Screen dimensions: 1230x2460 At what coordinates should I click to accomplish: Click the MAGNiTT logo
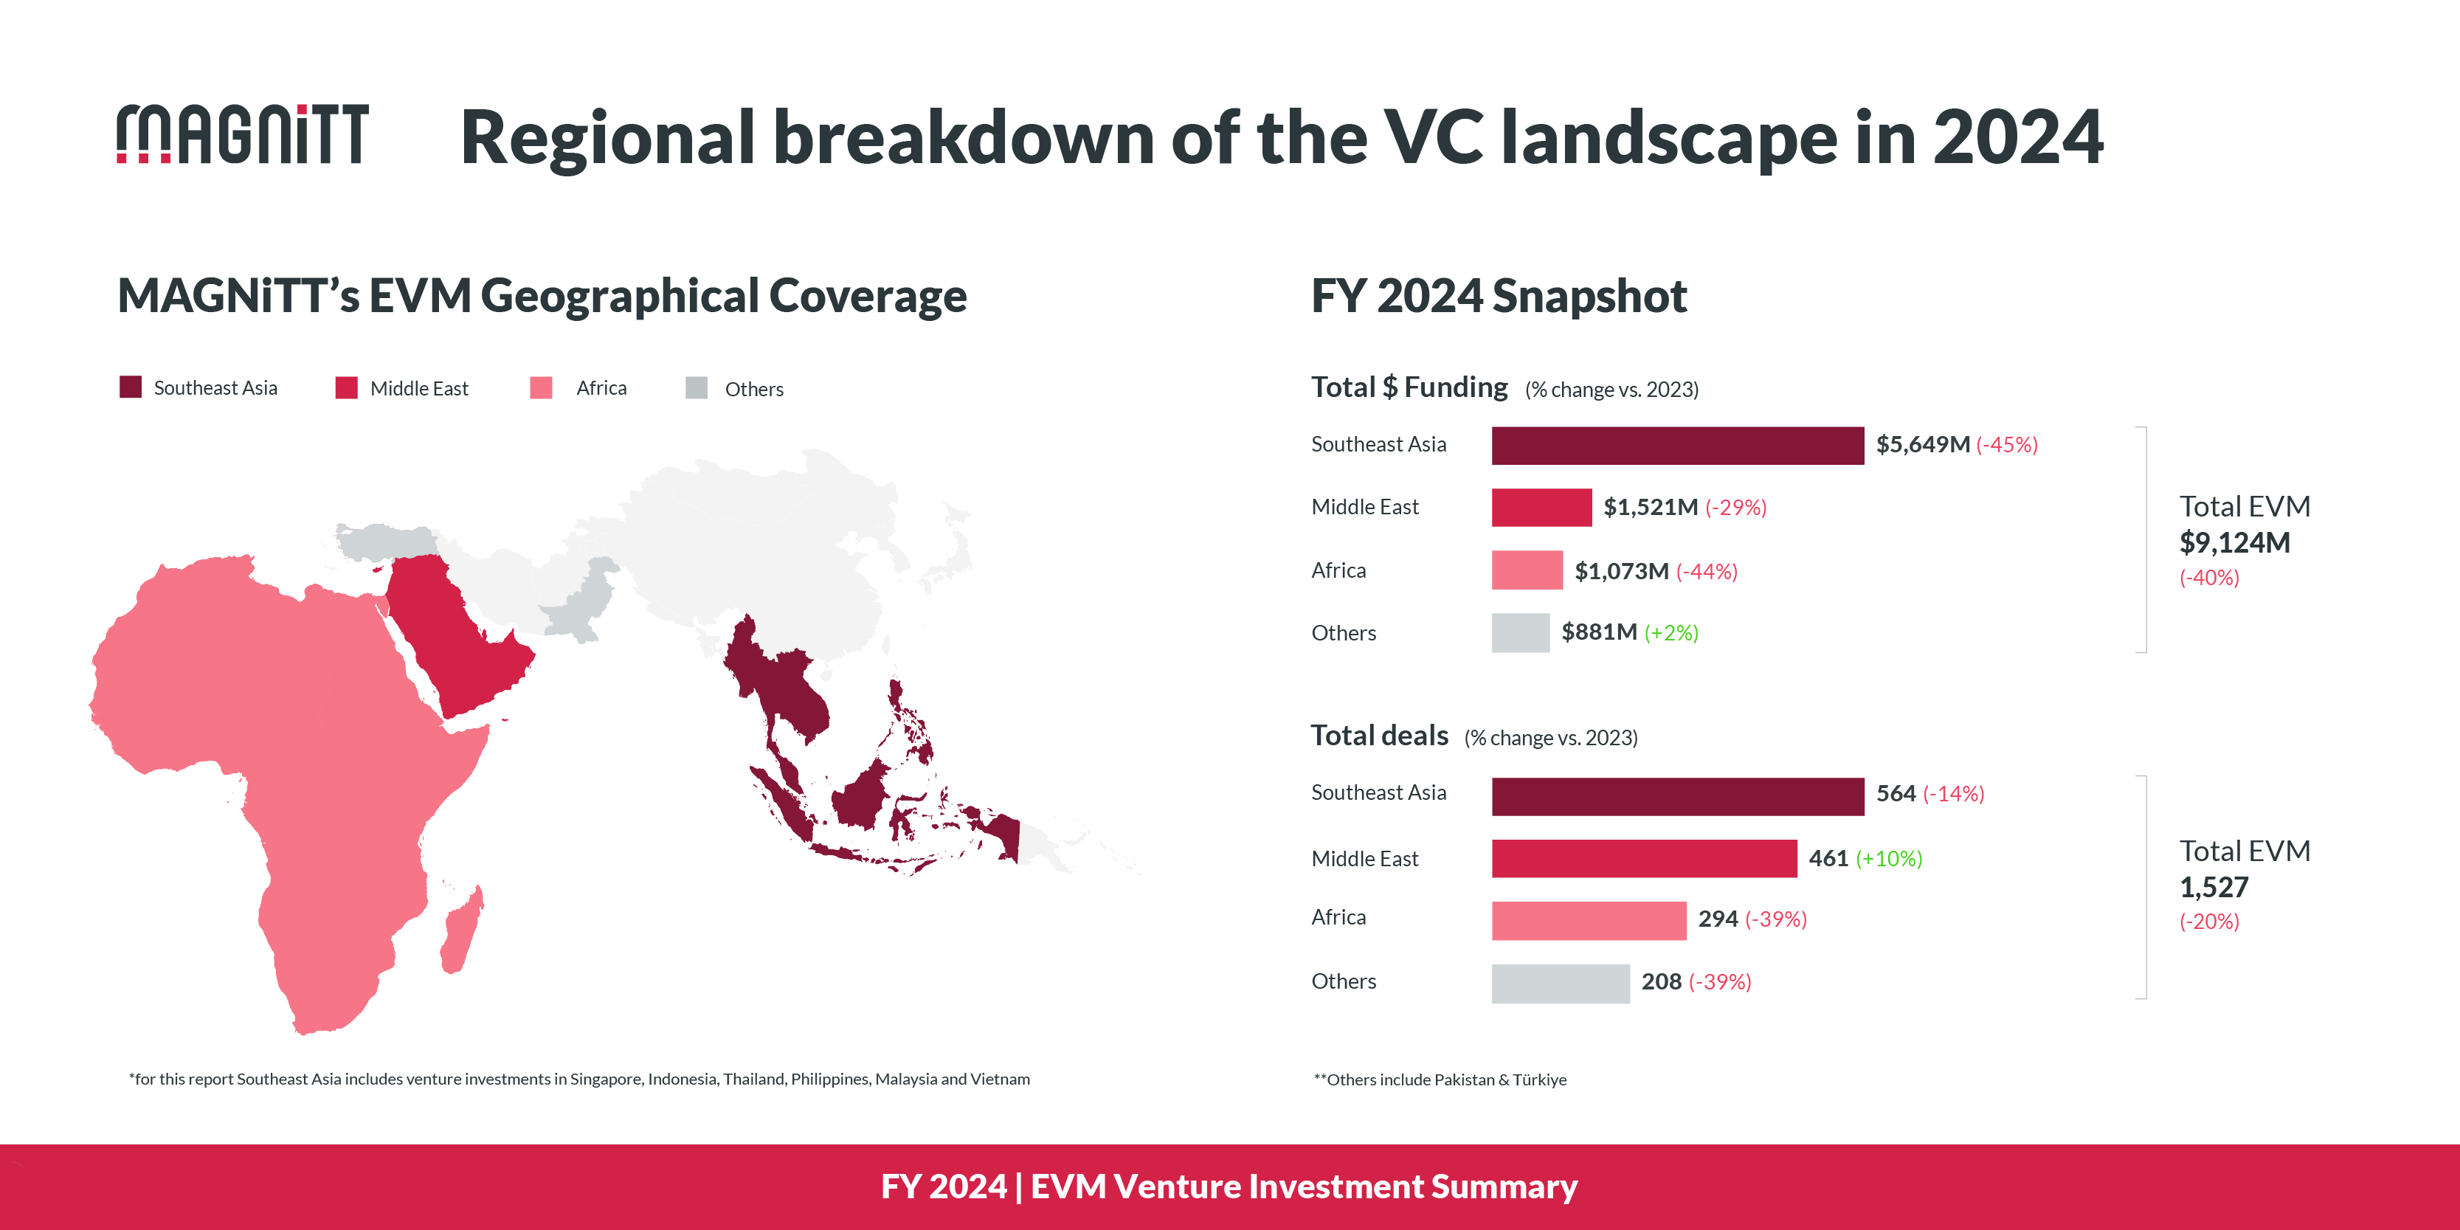[243, 134]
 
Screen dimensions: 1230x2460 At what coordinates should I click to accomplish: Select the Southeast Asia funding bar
[1677, 445]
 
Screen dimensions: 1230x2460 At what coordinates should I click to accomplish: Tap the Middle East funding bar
[1541, 507]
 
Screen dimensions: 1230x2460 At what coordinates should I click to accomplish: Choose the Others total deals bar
[1561, 983]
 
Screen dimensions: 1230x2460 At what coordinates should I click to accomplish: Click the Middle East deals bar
[1643, 857]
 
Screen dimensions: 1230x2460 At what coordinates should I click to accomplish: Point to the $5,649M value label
[1922, 444]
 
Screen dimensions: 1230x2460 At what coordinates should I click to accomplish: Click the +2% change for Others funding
[1671, 632]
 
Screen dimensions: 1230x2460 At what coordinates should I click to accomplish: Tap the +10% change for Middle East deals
[1888, 859]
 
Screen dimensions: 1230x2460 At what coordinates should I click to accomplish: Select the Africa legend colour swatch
[542, 387]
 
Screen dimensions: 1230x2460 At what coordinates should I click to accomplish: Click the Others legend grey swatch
[697, 387]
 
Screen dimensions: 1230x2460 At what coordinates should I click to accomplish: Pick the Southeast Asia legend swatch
[131, 387]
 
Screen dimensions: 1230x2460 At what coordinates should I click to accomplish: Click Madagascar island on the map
[462, 931]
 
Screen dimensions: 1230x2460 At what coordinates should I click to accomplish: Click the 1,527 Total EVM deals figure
[2214, 887]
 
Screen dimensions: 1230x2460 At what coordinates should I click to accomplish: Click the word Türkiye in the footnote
[1539, 1079]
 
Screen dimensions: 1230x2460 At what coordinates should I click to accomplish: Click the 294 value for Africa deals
[1717, 919]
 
